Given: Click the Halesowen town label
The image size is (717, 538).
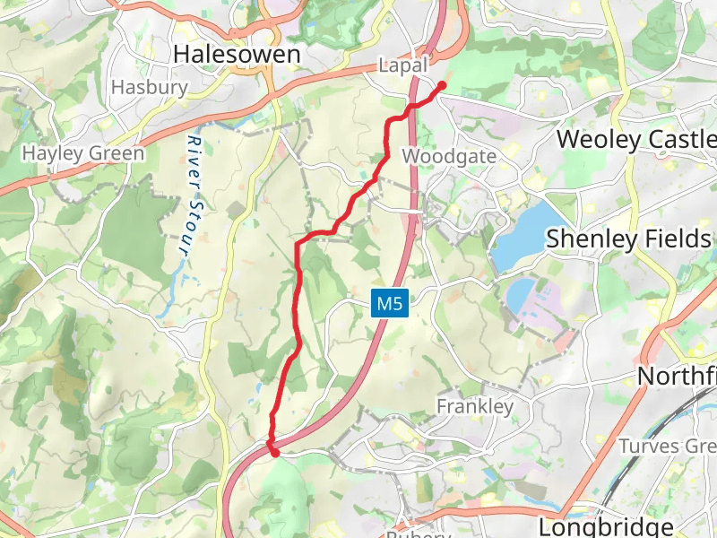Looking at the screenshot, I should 237,54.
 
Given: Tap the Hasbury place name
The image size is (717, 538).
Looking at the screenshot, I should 150,88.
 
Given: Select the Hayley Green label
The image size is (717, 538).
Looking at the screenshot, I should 83,153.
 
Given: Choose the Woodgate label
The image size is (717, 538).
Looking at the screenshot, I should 449,156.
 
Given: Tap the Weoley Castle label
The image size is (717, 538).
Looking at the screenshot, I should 636,139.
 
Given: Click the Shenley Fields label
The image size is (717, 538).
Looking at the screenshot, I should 628,239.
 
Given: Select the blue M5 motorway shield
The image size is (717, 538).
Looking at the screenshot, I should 391,303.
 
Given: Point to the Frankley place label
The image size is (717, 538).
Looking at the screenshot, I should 475,406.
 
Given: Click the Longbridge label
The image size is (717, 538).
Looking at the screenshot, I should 618,525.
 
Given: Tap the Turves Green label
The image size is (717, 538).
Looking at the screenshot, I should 668,446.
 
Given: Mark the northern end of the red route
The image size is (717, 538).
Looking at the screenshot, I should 442,85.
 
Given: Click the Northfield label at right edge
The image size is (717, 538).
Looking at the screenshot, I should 677,376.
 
